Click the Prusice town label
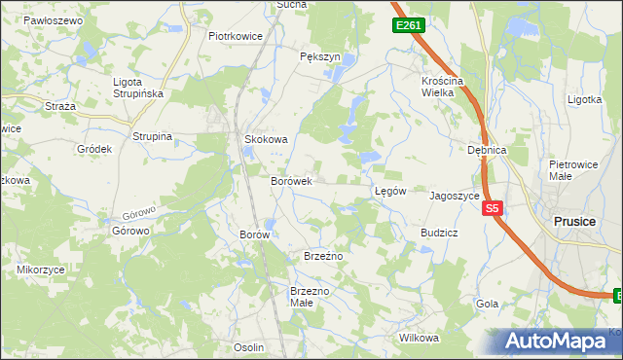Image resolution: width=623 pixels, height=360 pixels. click(573, 221)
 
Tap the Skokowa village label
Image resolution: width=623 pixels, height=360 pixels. click(266, 139)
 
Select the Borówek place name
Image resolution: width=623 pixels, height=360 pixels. click(290, 181)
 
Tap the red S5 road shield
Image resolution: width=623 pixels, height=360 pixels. click(493, 208)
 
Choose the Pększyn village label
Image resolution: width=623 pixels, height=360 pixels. click(320, 57)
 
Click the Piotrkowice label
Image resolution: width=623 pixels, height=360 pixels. click(237, 36)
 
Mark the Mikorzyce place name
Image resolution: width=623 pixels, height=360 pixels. click(40, 268)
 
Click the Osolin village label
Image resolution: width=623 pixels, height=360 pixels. click(249, 347)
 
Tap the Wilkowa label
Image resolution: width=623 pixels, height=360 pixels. click(420, 338)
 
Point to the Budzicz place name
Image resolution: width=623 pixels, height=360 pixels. click(439, 234)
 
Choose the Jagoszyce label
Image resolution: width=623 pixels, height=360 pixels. click(455, 195)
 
